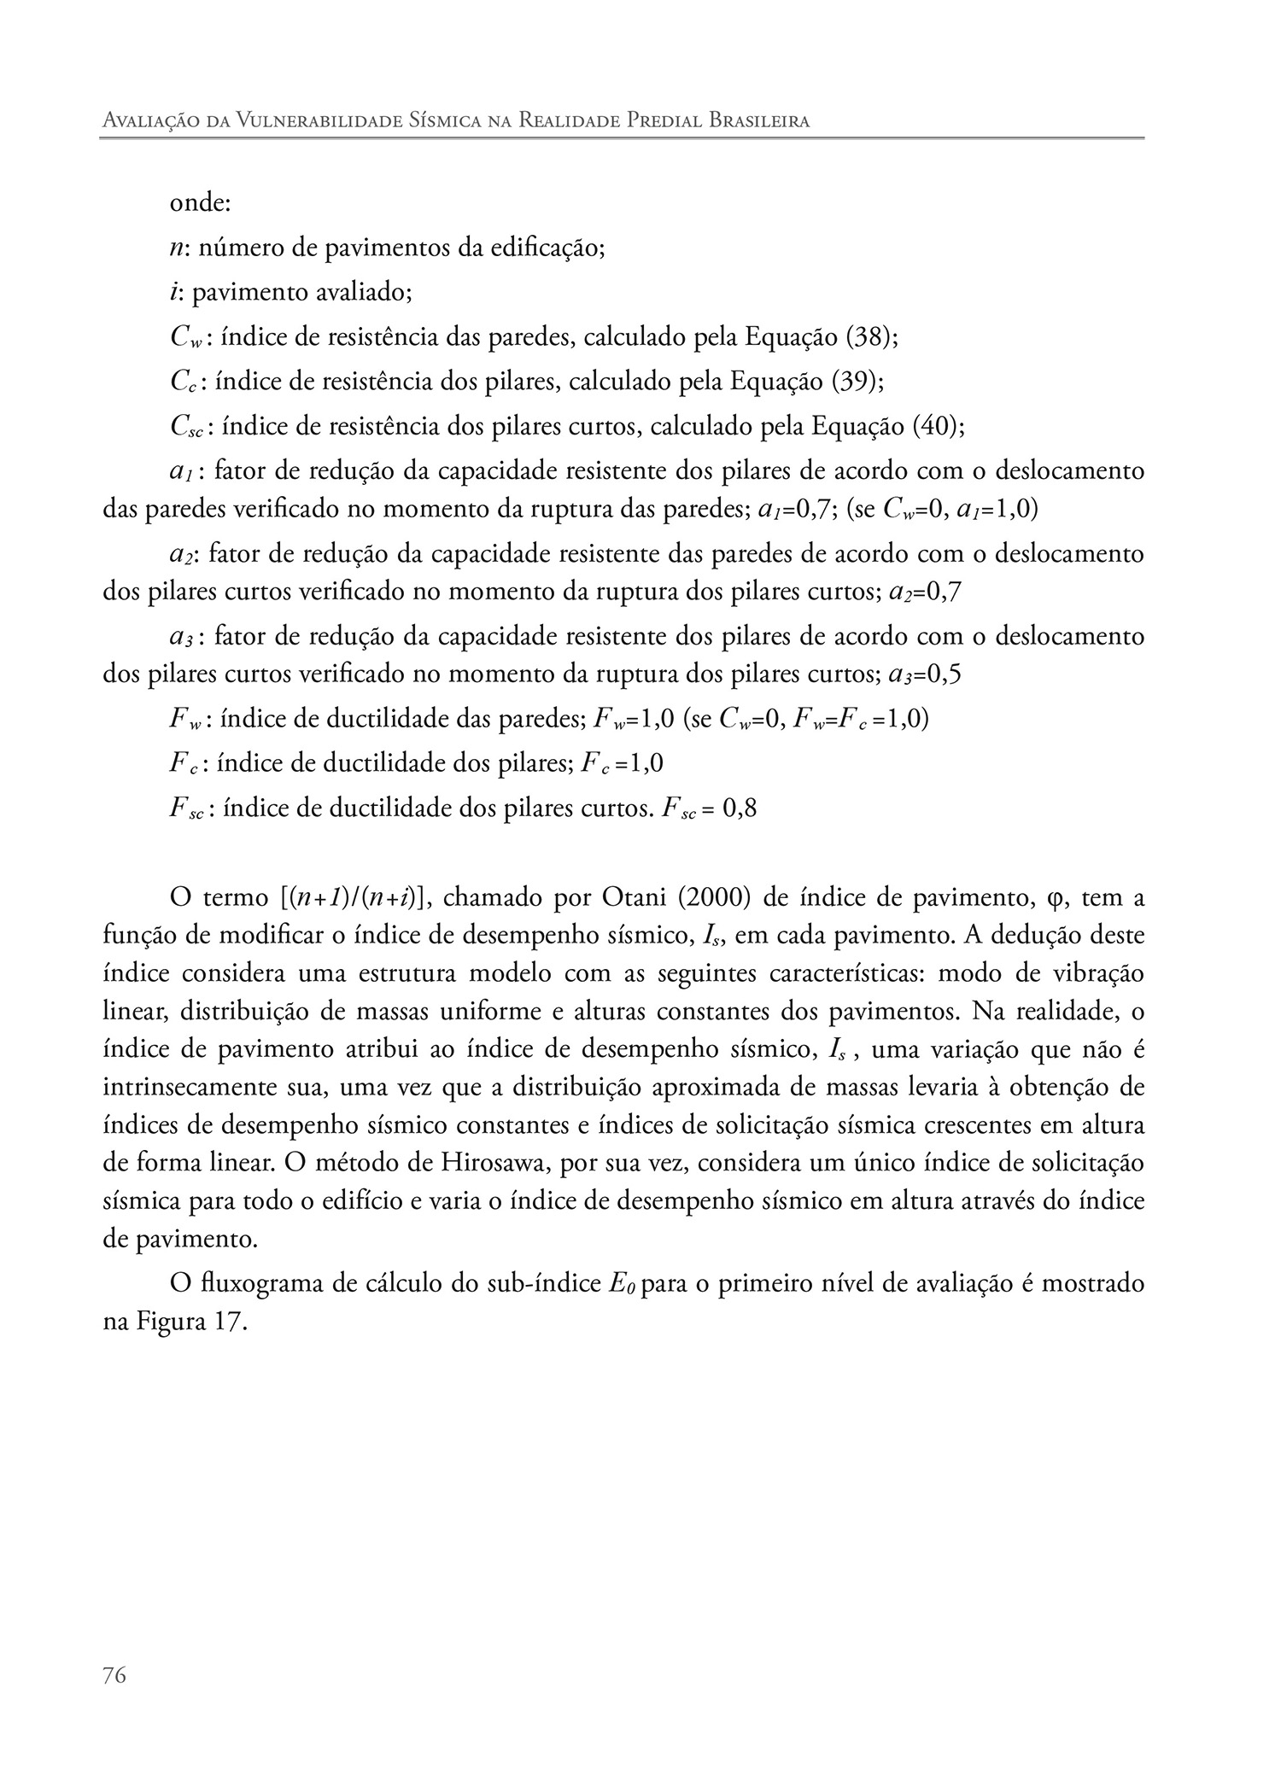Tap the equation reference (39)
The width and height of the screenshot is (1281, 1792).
pos(857,381)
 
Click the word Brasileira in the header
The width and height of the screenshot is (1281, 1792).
pos(759,121)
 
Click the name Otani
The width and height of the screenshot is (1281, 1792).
pos(636,898)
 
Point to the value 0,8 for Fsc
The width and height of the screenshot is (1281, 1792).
pos(740,808)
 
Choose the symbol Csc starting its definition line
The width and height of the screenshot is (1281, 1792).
pos(186,426)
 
